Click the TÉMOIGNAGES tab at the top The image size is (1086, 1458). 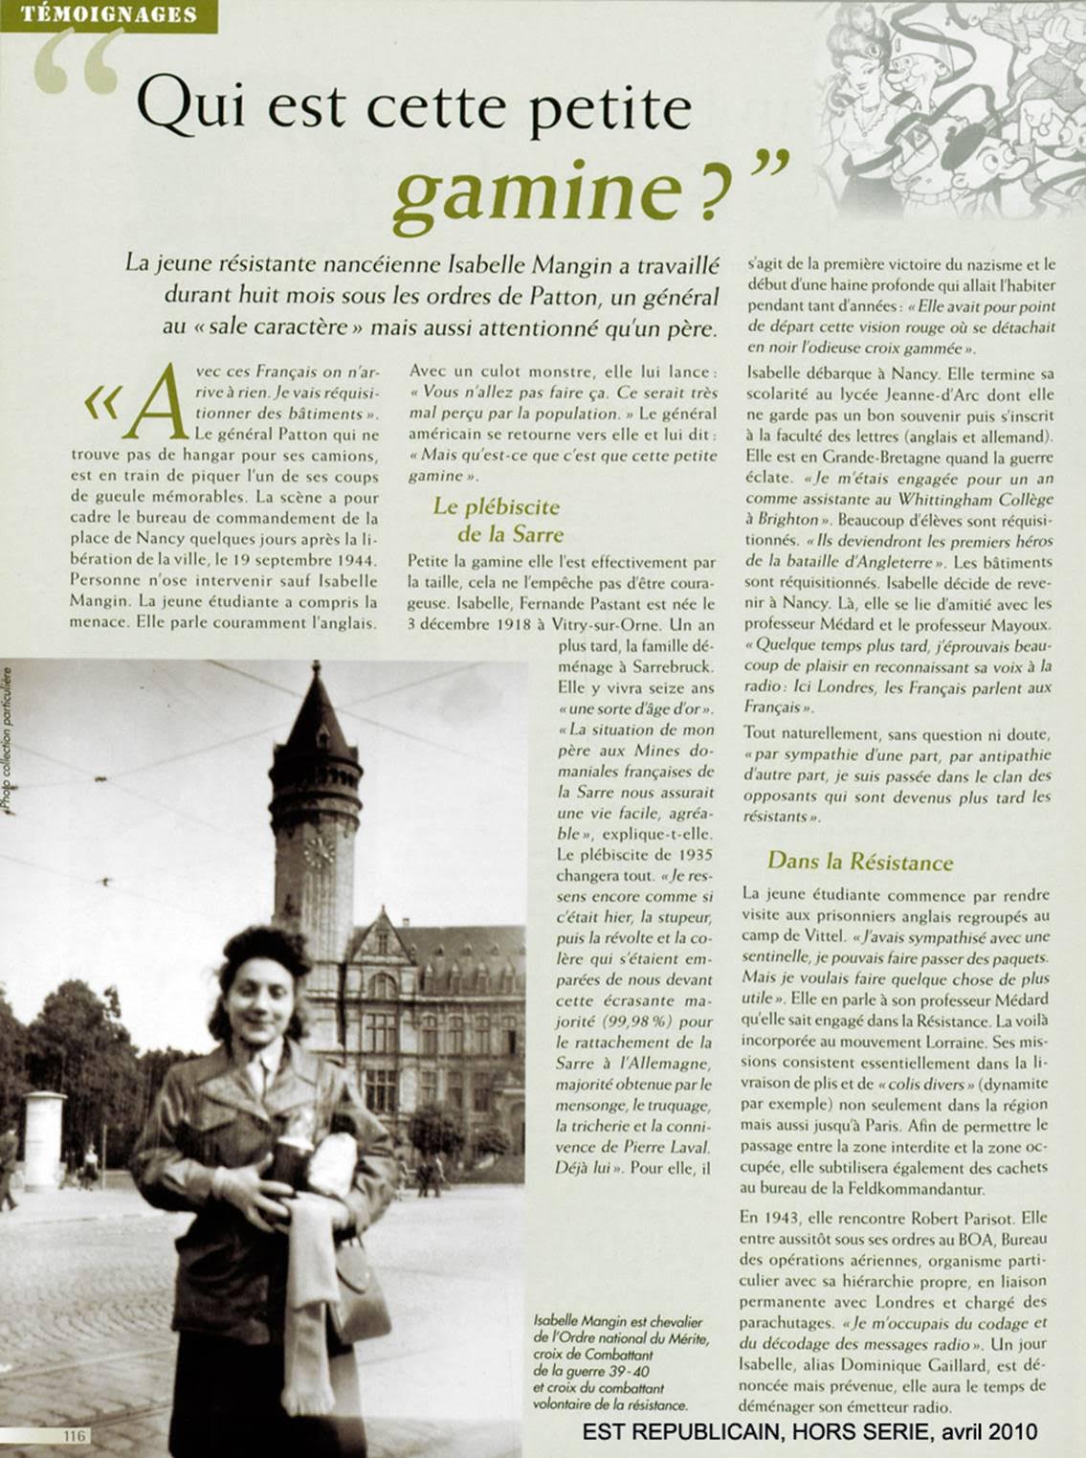point(108,14)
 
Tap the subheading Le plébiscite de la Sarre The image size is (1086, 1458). point(497,520)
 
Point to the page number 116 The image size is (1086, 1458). point(74,1435)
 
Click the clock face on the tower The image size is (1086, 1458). point(318,850)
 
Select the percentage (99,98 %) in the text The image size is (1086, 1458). point(631,1021)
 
